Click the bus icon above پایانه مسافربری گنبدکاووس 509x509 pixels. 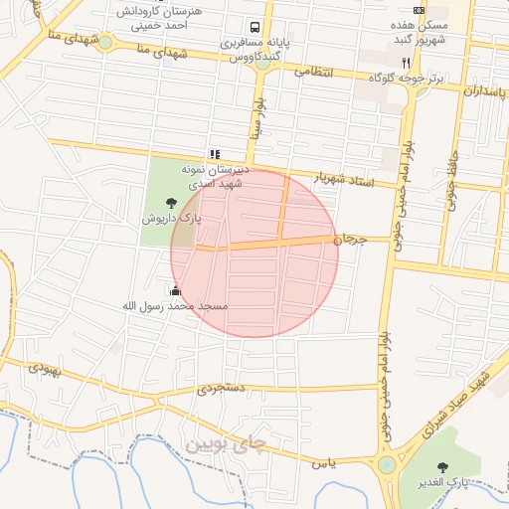click(x=255, y=28)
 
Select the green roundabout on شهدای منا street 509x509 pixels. click(x=104, y=42)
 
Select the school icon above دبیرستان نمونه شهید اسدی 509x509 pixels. click(x=214, y=154)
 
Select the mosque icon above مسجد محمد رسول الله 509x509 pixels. click(x=176, y=291)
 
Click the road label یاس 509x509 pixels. click(x=324, y=463)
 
